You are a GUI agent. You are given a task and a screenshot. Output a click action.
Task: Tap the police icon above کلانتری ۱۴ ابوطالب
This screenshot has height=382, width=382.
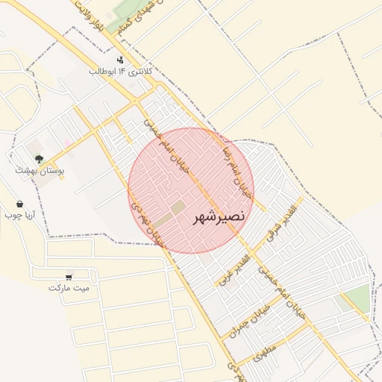coord(120,60)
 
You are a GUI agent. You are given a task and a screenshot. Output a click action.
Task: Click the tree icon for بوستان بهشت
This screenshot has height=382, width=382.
coord(39,159)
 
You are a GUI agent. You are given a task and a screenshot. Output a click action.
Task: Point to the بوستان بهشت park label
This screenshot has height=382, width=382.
coord(40,171)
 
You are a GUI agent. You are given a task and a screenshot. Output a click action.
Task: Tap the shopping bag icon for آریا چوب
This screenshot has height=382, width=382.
coord(19,204)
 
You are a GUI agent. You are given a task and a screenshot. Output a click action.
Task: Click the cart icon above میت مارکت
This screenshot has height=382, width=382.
coord(69,275)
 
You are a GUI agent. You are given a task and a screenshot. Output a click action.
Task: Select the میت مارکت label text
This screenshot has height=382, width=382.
coord(69,287)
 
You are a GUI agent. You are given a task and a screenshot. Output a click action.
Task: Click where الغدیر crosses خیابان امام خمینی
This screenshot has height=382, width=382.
coord(251,250)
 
